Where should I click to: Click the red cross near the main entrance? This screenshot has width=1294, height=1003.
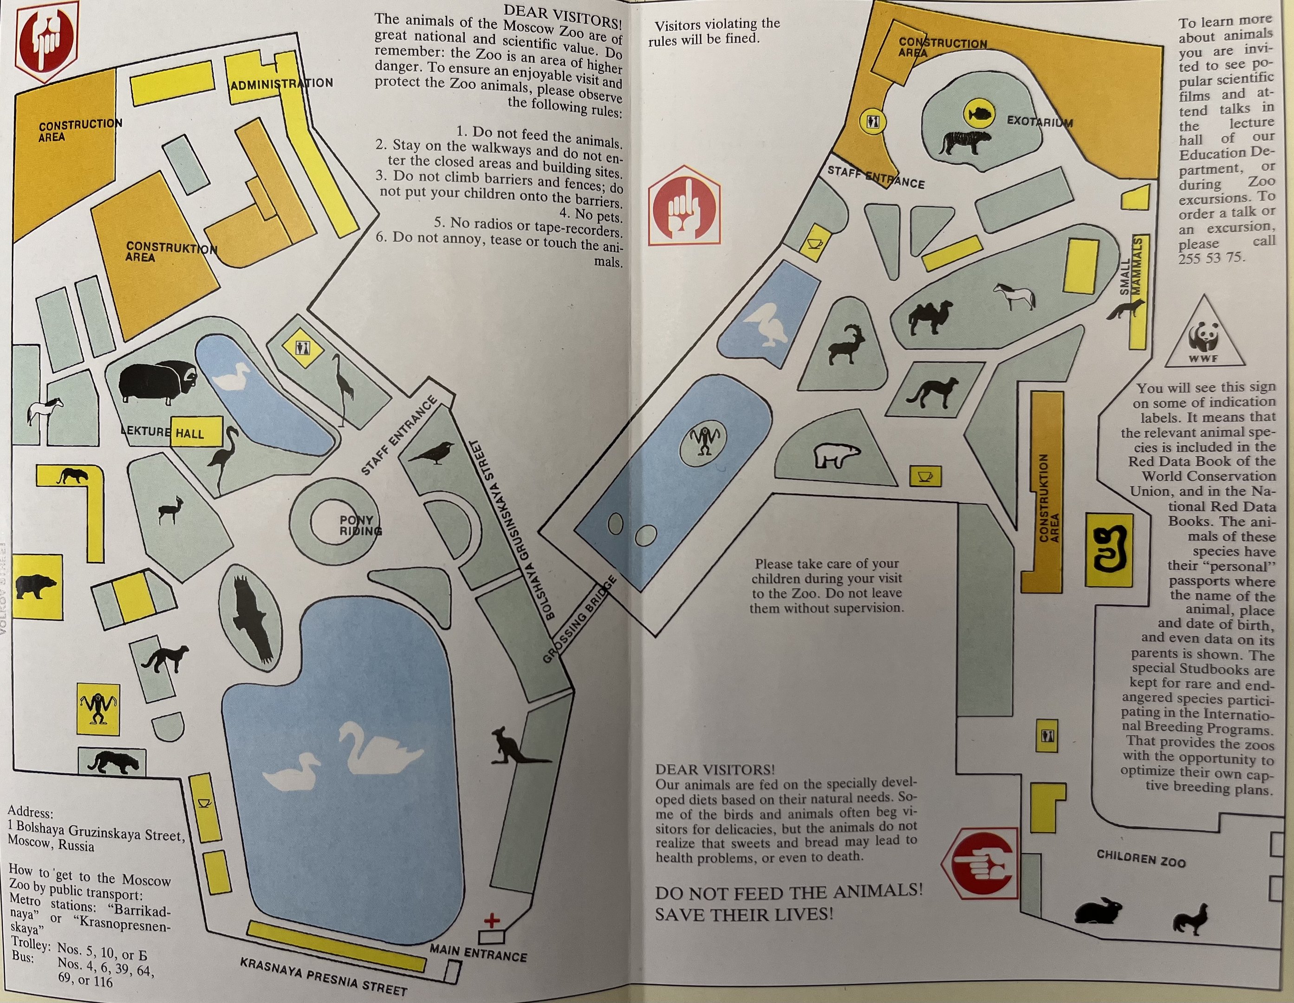tap(492, 920)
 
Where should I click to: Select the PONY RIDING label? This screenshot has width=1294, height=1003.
tap(359, 525)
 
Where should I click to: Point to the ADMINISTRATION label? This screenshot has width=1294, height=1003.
tap(281, 84)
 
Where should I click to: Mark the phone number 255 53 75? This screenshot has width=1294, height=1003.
tap(1211, 258)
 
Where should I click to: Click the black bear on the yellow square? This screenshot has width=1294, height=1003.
tap(36, 586)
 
